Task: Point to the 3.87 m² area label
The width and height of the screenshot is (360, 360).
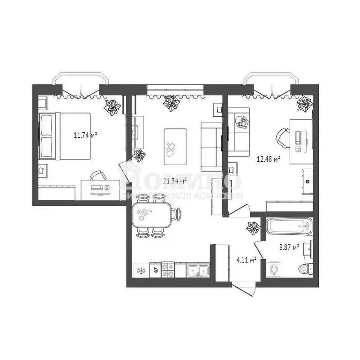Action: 289,247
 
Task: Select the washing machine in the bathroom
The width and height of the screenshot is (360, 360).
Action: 273,269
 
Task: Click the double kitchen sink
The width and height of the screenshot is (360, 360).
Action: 197,270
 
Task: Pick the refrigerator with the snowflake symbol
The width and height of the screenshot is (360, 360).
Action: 140,270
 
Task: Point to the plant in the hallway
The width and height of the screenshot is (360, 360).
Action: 254,228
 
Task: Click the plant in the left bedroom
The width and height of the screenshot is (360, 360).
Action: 112,107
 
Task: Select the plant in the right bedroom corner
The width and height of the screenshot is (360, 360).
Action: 305,104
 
